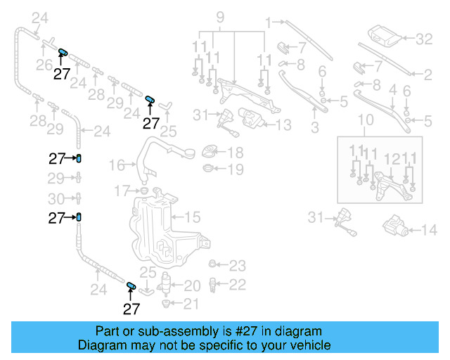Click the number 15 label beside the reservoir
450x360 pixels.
[x=192, y=217]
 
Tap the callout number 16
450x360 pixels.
[x=117, y=165]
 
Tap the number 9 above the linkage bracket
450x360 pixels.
[x=219, y=15]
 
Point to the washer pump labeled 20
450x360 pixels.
[x=167, y=285]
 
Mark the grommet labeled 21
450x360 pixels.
[x=166, y=304]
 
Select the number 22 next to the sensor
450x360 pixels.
[x=238, y=284]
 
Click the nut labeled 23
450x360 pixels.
[x=212, y=264]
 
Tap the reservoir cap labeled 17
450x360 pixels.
[x=143, y=190]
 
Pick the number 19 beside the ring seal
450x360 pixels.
[x=235, y=169]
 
